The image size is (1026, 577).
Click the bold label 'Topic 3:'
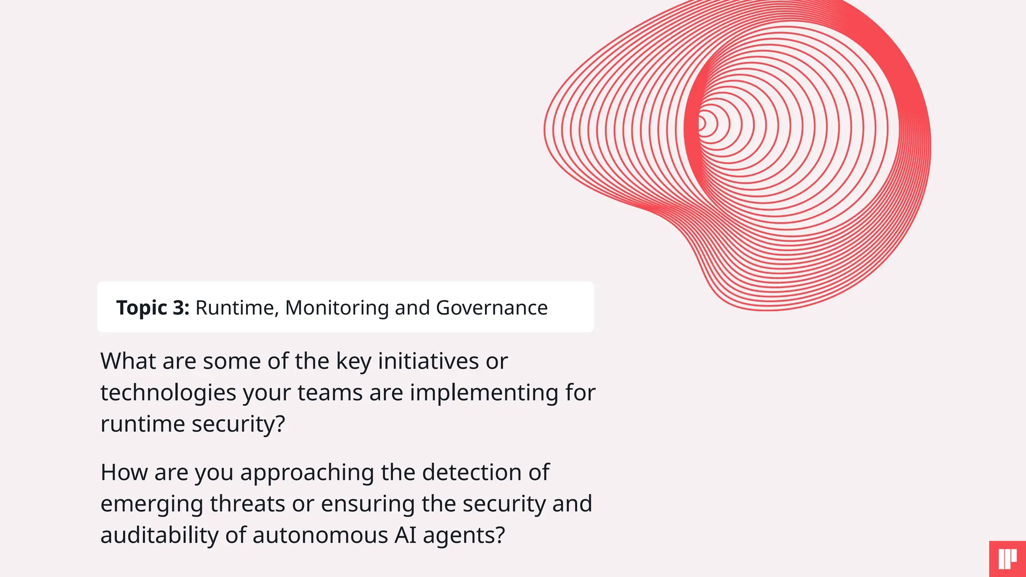(153, 308)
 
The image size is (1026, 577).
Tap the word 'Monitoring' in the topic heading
(337, 308)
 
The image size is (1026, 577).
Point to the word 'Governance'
(491, 308)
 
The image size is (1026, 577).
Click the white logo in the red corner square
(1007, 559)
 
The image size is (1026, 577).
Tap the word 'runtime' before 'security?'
(143, 424)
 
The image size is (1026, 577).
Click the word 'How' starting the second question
(124, 472)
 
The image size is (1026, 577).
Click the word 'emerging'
(152, 504)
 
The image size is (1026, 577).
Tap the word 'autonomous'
(320, 535)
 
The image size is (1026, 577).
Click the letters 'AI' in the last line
(405, 535)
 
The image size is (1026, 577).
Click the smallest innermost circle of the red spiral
(702, 123)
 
